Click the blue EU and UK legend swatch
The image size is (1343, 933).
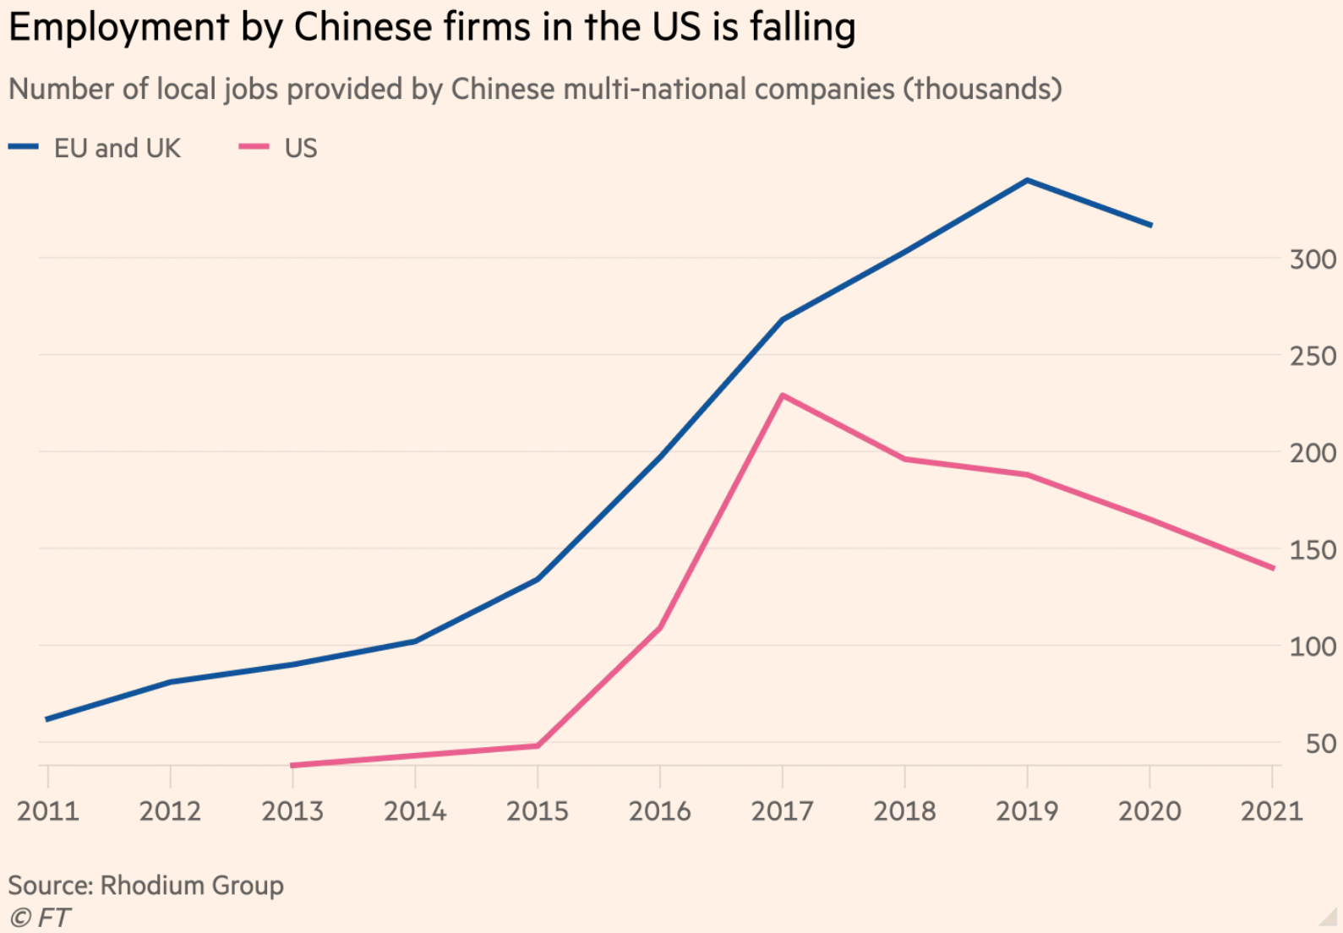click(24, 147)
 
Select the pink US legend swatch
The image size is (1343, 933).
click(254, 147)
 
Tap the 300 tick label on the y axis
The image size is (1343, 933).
click(1313, 259)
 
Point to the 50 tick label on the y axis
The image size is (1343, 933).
click(1320, 745)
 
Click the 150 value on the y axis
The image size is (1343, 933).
click(1313, 550)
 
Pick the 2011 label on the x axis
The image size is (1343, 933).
click(48, 811)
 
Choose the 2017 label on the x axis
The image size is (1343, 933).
click(782, 811)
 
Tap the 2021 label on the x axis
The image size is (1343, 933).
click(1271, 811)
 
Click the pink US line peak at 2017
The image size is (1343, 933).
click(783, 396)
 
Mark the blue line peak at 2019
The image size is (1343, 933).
click(1027, 180)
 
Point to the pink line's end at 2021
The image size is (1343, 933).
click(1273, 568)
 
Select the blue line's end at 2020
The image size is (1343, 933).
click(1151, 226)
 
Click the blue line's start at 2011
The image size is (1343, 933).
click(47, 719)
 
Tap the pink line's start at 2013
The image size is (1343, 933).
click(292, 766)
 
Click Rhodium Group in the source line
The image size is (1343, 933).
click(192, 885)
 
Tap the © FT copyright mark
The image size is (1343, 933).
click(40, 918)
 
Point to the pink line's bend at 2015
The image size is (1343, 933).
click(538, 745)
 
